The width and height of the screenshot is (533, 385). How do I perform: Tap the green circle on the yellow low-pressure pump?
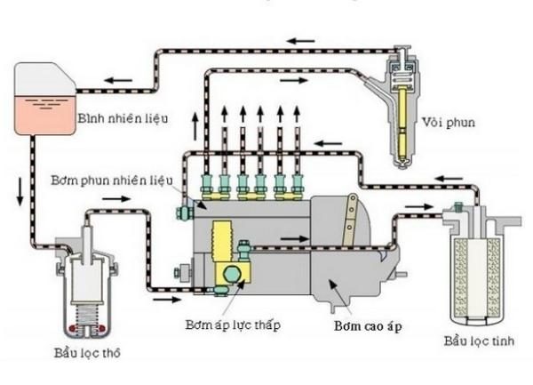tap(236, 275)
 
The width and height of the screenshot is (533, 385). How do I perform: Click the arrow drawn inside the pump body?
tap(292, 239)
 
